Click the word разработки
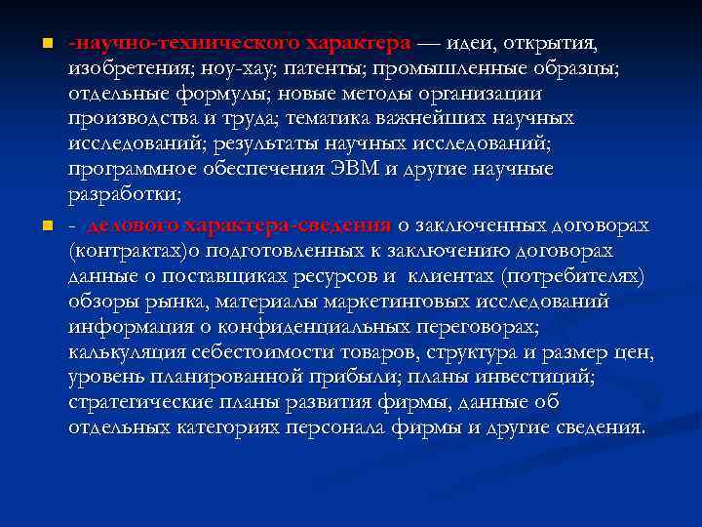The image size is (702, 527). tap(124, 195)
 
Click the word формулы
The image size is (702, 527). tap(230, 95)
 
